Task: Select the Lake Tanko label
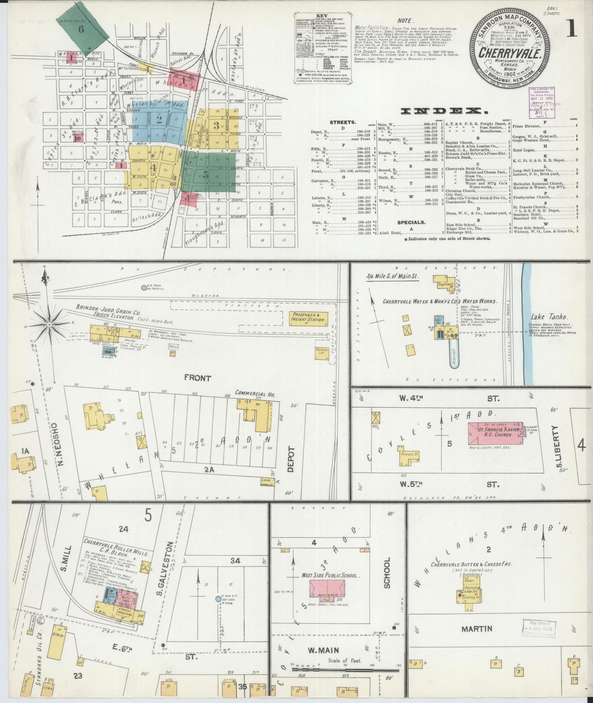pos(544,317)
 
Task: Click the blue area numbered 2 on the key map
pos(159,120)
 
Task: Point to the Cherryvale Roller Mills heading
pos(116,553)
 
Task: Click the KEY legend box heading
pos(322,17)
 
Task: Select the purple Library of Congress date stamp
pos(541,103)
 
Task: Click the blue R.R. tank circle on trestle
pos(144,288)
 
